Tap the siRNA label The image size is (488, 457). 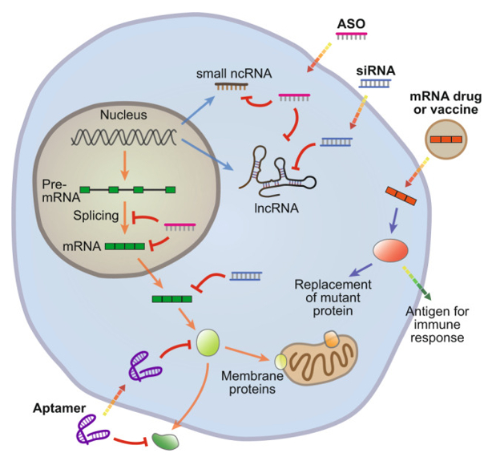(x=376, y=70)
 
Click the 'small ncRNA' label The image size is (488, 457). (x=234, y=74)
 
